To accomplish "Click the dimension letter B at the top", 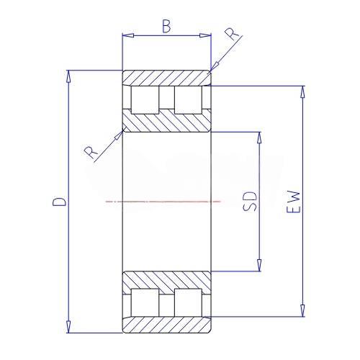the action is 166,26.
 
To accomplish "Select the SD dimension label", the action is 250,202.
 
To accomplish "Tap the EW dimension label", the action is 294,202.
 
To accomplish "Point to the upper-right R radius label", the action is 231,34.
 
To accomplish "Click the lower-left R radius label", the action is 91,153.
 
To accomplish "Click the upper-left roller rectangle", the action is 145,100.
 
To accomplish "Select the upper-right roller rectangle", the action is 188,100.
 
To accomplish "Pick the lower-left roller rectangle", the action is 145,302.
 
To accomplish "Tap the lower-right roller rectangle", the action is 188,302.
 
